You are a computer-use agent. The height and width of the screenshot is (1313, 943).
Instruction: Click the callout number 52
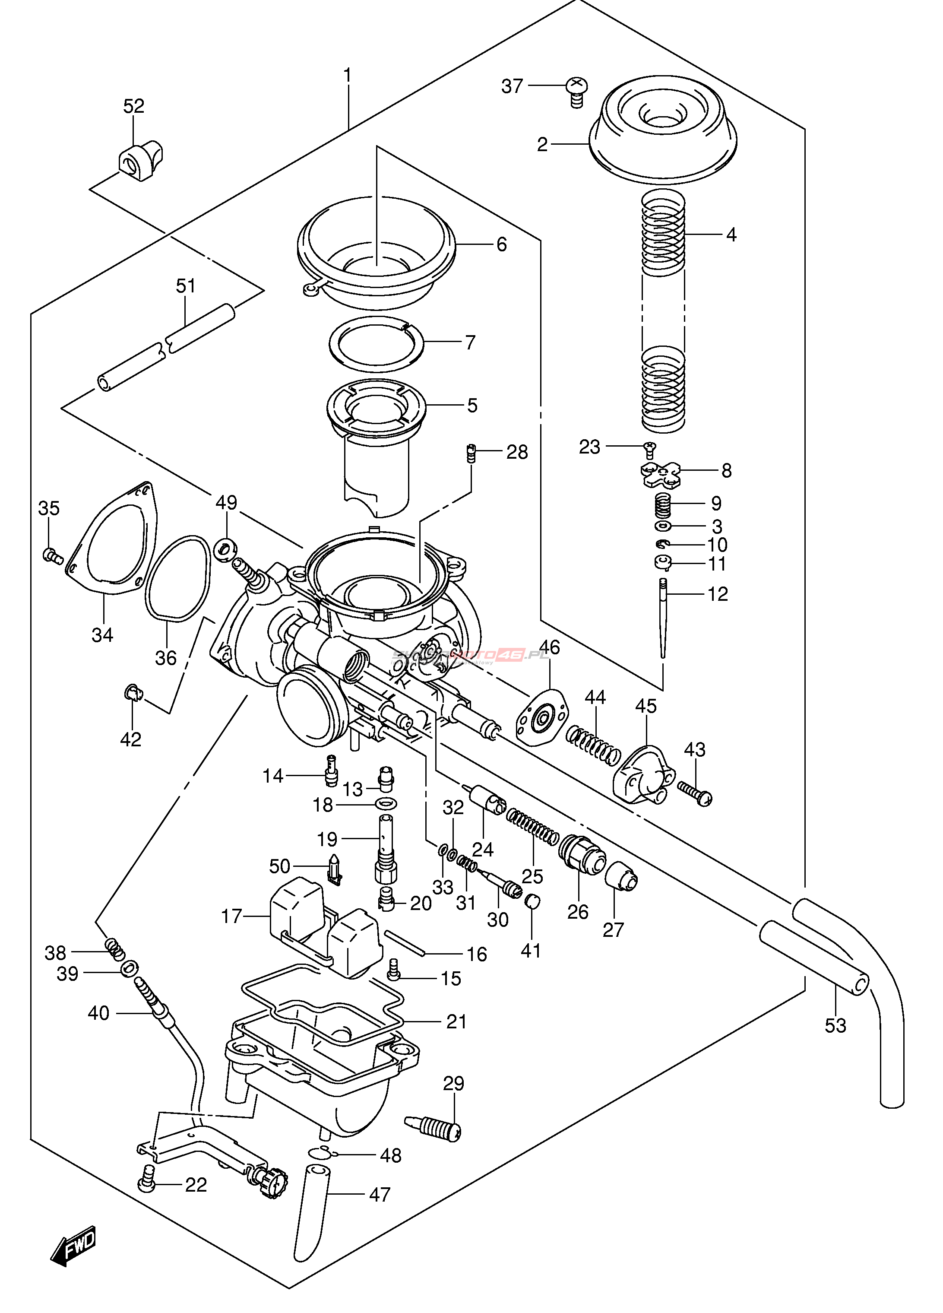click(x=134, y=106)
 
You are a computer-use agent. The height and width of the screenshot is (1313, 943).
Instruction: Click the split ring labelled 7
click(x=376, y=344)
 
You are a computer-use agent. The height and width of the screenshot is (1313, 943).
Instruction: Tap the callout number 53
click(x=835, y=1025)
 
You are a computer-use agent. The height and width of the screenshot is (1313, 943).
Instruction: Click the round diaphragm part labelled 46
click(x=542, y=718)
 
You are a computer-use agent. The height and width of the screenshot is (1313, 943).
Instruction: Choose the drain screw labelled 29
click(x=434, y=1126)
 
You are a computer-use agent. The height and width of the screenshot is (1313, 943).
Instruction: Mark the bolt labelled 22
click(x=146, y=1178)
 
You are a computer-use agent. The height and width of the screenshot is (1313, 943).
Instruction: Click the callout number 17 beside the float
click(x=231, y=917)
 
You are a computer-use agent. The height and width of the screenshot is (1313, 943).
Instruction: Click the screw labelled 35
click(x=53, y=556)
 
